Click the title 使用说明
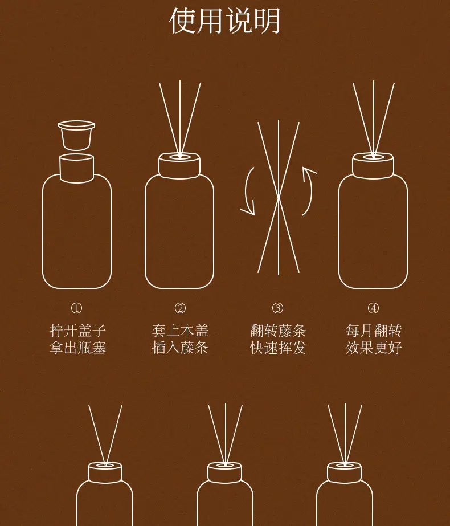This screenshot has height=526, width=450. (x=224, y=21)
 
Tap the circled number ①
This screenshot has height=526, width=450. (x=76, y=308)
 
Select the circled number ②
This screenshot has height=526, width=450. (x=180, y=308)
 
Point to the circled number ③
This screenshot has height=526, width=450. (x=277, y=308)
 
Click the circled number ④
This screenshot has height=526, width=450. (x=373, y=308)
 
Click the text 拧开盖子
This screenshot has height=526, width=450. (x=78, y=331)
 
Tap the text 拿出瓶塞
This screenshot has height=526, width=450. (x=78, y=347)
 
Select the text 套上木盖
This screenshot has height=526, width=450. (x=180, y=331)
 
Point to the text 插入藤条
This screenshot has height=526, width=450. (x=180, y=347)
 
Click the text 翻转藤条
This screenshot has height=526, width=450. (x=278, y=331)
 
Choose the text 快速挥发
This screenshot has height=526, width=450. (x=278, y=347)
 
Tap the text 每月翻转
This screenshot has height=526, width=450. (x=374, y=331)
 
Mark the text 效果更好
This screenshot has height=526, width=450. (x=374, y=347)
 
